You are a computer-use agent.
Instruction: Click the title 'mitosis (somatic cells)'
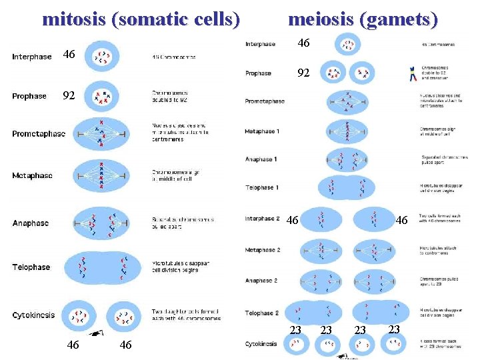pos(141,19)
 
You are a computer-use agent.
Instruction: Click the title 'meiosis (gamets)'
pos(363,19)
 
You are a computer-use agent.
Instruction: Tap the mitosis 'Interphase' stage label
pos(31,57)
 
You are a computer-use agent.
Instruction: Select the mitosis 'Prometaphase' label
pos(39,134)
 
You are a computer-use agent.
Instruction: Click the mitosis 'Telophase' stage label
pos(31,267)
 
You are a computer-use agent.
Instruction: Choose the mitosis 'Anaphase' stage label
pos(30,223)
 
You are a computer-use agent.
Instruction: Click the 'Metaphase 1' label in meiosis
pos(262,131)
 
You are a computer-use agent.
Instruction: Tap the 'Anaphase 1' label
pos(261,159)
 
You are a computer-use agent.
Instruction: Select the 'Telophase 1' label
pos(261,187)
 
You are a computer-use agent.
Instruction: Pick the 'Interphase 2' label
pos(262,219)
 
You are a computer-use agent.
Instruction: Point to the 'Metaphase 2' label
pos(262,250)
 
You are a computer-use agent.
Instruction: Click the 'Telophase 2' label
pos(262,313)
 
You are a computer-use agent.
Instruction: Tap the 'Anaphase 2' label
pos(261,281)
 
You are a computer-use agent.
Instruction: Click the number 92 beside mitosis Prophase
pos(68,95)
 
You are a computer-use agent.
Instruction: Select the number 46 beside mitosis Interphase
pos(68,54)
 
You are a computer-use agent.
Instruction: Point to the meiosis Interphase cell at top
pos(349,45)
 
